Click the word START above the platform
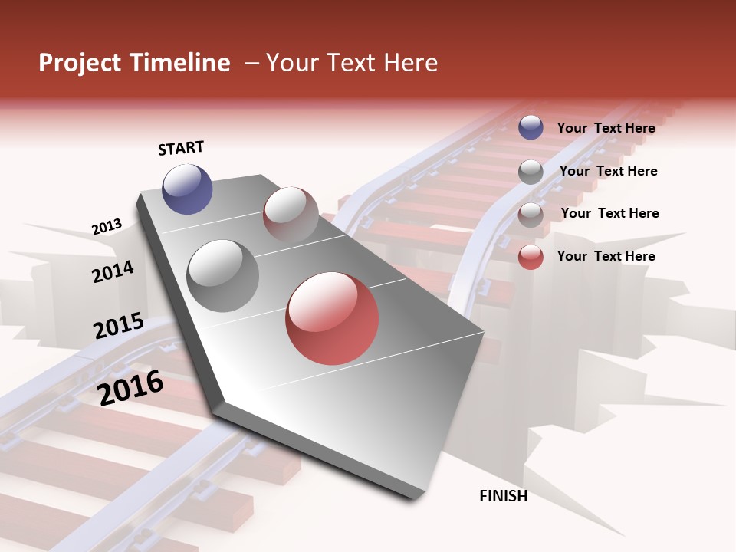181,148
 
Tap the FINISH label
504,496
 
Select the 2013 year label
107,226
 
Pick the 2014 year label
113,271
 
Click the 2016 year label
131,387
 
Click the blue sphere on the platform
187,189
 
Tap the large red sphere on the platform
332,318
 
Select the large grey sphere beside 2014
223,276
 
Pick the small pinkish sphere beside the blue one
291,214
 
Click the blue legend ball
531,127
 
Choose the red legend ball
531,257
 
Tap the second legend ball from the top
531,172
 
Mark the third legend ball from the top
531,215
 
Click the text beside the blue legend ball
606,128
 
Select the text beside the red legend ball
606,256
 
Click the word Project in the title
80,63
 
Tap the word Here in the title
410,63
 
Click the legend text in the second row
608,171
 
